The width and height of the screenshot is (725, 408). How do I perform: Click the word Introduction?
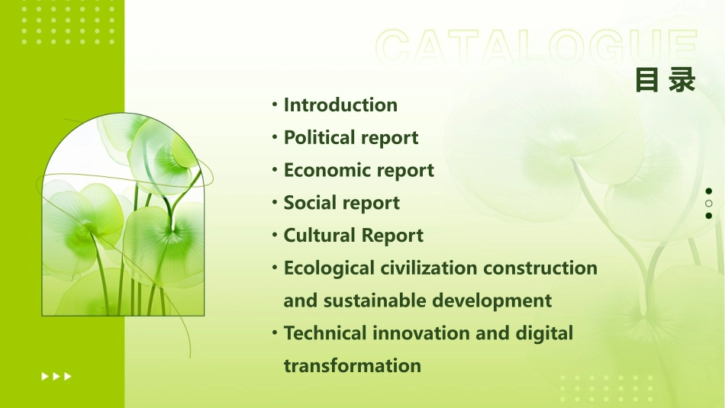340,105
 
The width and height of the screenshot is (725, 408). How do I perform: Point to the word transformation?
352,366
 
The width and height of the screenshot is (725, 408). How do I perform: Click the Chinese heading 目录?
665,80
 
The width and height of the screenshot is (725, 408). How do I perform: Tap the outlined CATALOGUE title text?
536,47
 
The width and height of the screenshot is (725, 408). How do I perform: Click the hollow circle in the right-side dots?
709,204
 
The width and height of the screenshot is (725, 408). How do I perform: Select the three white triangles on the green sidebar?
57,376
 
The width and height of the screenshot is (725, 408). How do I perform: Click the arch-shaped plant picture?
123,217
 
